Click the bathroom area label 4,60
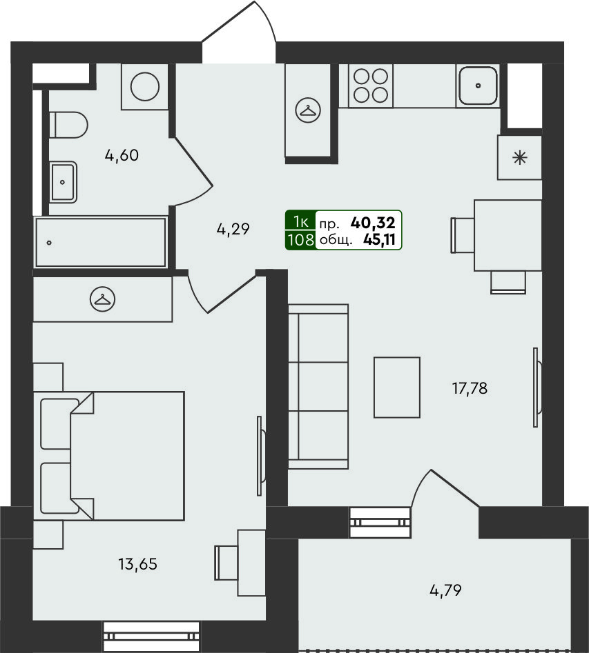pos(122,155)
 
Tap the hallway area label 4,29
pos(233,229)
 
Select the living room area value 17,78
pos(470,388)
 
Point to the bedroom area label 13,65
pos(137,564)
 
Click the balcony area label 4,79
pos(445,590)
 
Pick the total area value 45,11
pos(380,239)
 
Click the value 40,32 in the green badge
pos(373,223)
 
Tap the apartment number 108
pos(300,240)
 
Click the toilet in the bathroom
pos(69,125)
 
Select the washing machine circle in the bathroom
pos(145,87)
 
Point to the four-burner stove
pos(371,86)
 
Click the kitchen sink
pos(478,86)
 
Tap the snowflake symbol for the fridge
pos(520,158)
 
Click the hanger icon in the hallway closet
pos(308,110)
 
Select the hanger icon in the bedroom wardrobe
pos(103,299)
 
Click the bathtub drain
pos(49,243)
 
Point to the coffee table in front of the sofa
pos(397,388)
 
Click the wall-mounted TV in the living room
pos(537,388)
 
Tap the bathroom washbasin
pos(63,182)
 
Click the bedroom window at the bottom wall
pos(151,636)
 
